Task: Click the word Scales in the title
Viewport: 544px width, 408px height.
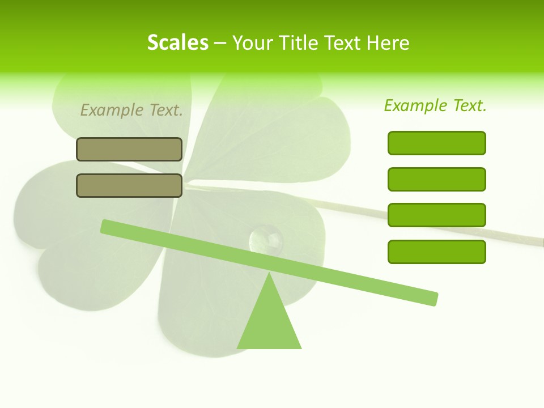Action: pyautogui.click(x=177, y=42)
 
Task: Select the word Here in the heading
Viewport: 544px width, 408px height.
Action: pyautogui.click(x=388, y=43)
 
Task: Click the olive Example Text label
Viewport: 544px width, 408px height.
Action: pyautogui.click(x=131, y=110)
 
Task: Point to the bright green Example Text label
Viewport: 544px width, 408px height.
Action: pyautogui.click(x=435, y=105)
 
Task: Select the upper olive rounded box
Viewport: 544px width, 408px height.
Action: pyautogui.click(x=129, y=150)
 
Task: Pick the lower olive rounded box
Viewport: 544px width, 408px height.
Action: pyautogui.click(x=129, y=185)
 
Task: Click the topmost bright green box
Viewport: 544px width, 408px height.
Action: pyautogui.click(x=437, y=143)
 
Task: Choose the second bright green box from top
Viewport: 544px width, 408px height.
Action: pyautogui.click(x=437, y=179)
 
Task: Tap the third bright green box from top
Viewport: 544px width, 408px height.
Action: pyautogui.click(x=437, y=215)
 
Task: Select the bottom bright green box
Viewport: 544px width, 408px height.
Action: pyautogui.click(x=437, y=252)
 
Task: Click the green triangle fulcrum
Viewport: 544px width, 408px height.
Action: pyautogui.click(x=269, y=323)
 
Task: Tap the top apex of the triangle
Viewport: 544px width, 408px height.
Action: pyautogui.click(x=269, y=274)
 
